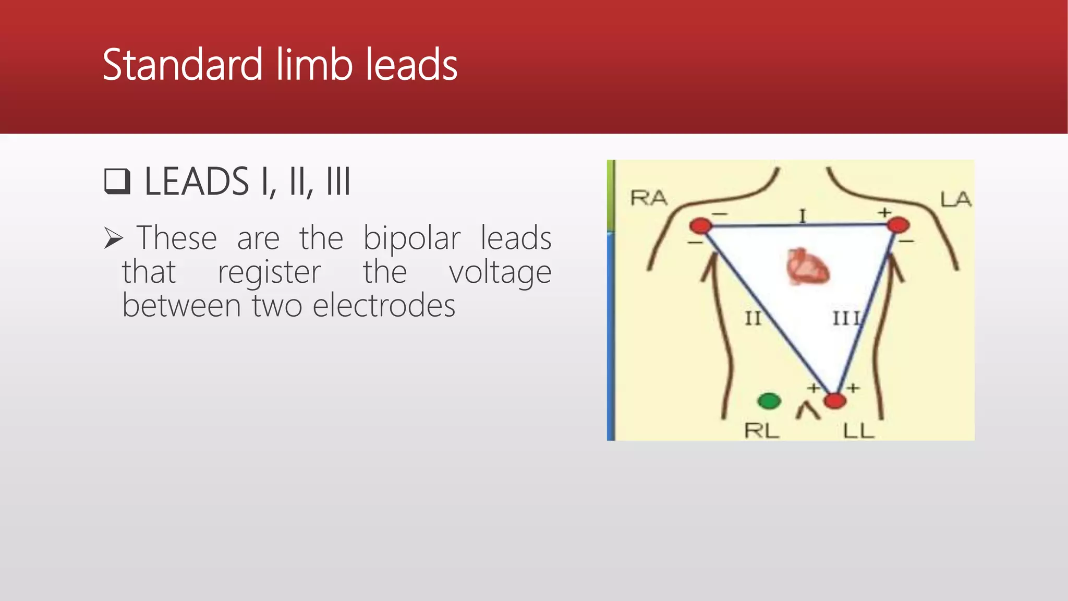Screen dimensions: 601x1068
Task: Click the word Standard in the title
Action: [182, 65]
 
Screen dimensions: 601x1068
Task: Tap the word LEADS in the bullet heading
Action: [197, 182]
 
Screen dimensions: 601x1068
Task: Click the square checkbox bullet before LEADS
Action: [117, 181]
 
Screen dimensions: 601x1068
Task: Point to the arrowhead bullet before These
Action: [113, 238]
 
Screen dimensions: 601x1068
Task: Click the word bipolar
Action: [411, 239]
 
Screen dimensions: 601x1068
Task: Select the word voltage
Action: [500, 272]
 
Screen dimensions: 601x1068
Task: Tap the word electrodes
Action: [384, 306]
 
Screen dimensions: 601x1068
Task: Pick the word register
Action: [269, 272]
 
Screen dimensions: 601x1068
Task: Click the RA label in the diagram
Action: [649, 198]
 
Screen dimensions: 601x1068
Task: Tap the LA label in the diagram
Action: [955, 199]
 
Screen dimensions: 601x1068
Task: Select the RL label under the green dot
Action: [761, 431]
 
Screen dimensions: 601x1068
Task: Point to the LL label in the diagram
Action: [858, 431]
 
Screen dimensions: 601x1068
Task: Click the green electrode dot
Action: [769, 401]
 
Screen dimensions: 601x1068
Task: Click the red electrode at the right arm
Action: [700, 226]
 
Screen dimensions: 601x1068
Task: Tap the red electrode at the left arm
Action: [898, 225]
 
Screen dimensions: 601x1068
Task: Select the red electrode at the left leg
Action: [835, 401]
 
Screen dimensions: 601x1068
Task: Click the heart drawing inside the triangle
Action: [807, 267]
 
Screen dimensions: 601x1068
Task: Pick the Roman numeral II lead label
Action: [753, 318]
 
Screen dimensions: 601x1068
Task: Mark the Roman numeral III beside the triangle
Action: [846, 318]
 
